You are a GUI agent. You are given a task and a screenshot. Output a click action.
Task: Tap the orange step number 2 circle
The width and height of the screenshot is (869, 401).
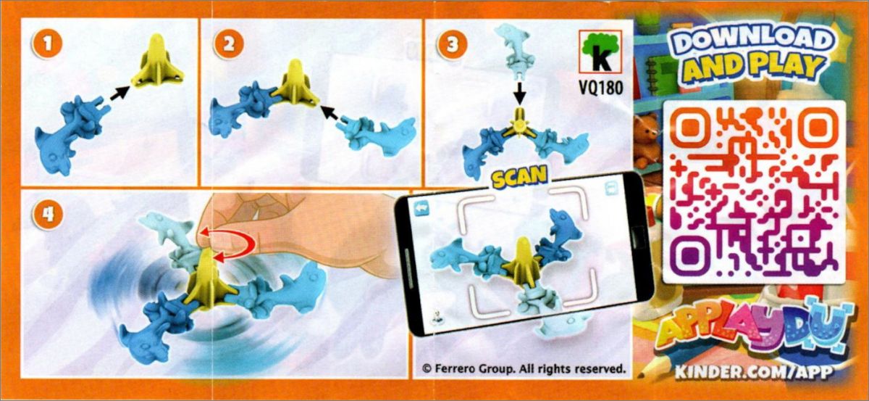click(229, 44)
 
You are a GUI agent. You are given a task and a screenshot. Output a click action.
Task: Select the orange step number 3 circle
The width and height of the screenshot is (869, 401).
click(453, 44)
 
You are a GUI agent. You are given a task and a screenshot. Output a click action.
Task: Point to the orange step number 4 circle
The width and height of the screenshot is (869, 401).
click(47, 215)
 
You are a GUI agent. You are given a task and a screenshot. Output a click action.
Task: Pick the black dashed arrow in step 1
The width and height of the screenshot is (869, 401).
click(119, 94)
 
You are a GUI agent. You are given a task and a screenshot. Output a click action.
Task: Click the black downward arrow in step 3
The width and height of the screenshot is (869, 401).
click(520, 94)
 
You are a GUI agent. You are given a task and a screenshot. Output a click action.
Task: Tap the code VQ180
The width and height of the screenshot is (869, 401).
click(601, 88)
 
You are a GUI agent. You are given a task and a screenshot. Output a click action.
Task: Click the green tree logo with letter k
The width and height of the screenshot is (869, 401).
click(600, 51)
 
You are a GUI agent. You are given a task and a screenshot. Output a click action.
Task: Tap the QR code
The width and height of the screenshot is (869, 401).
click(755, 191)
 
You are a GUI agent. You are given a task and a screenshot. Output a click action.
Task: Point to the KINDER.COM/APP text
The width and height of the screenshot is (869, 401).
click(753, 371)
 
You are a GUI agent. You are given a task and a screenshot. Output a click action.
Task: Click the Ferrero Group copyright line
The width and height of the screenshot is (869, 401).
click(524, 368)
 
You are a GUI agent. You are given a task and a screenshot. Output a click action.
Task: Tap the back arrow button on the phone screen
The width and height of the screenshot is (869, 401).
click(421, 208)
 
